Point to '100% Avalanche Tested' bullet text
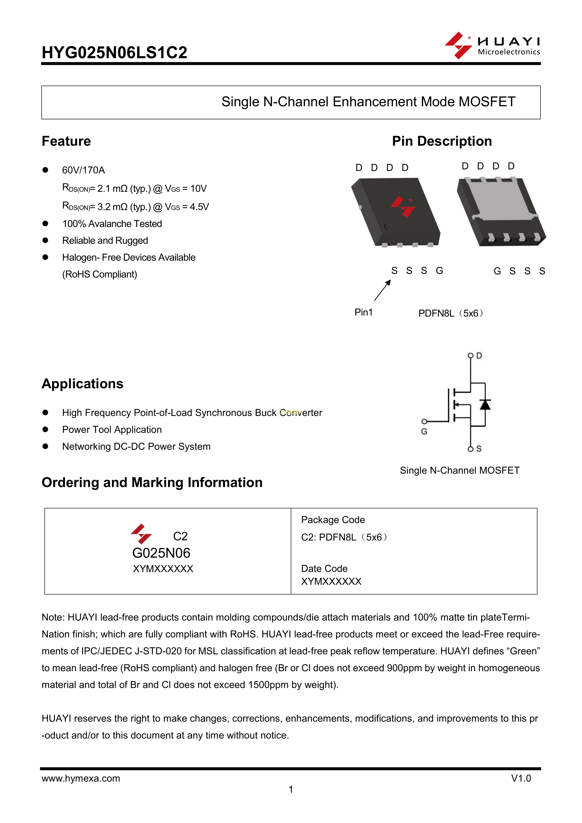coord(112,224)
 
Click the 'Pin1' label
coord(363,312)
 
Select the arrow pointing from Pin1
coord(382,290)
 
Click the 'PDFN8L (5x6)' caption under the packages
coord(450,313)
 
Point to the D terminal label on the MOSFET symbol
coord(479,356)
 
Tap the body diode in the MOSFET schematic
coord(485,405)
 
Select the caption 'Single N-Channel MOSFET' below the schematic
coord(460,470)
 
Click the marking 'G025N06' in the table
coord(161,553)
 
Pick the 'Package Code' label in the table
coord(333,520)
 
